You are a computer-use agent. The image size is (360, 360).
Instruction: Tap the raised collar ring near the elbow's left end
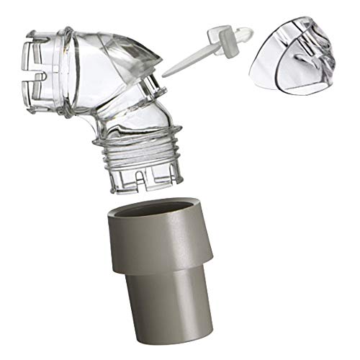[x=65, y=68]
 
